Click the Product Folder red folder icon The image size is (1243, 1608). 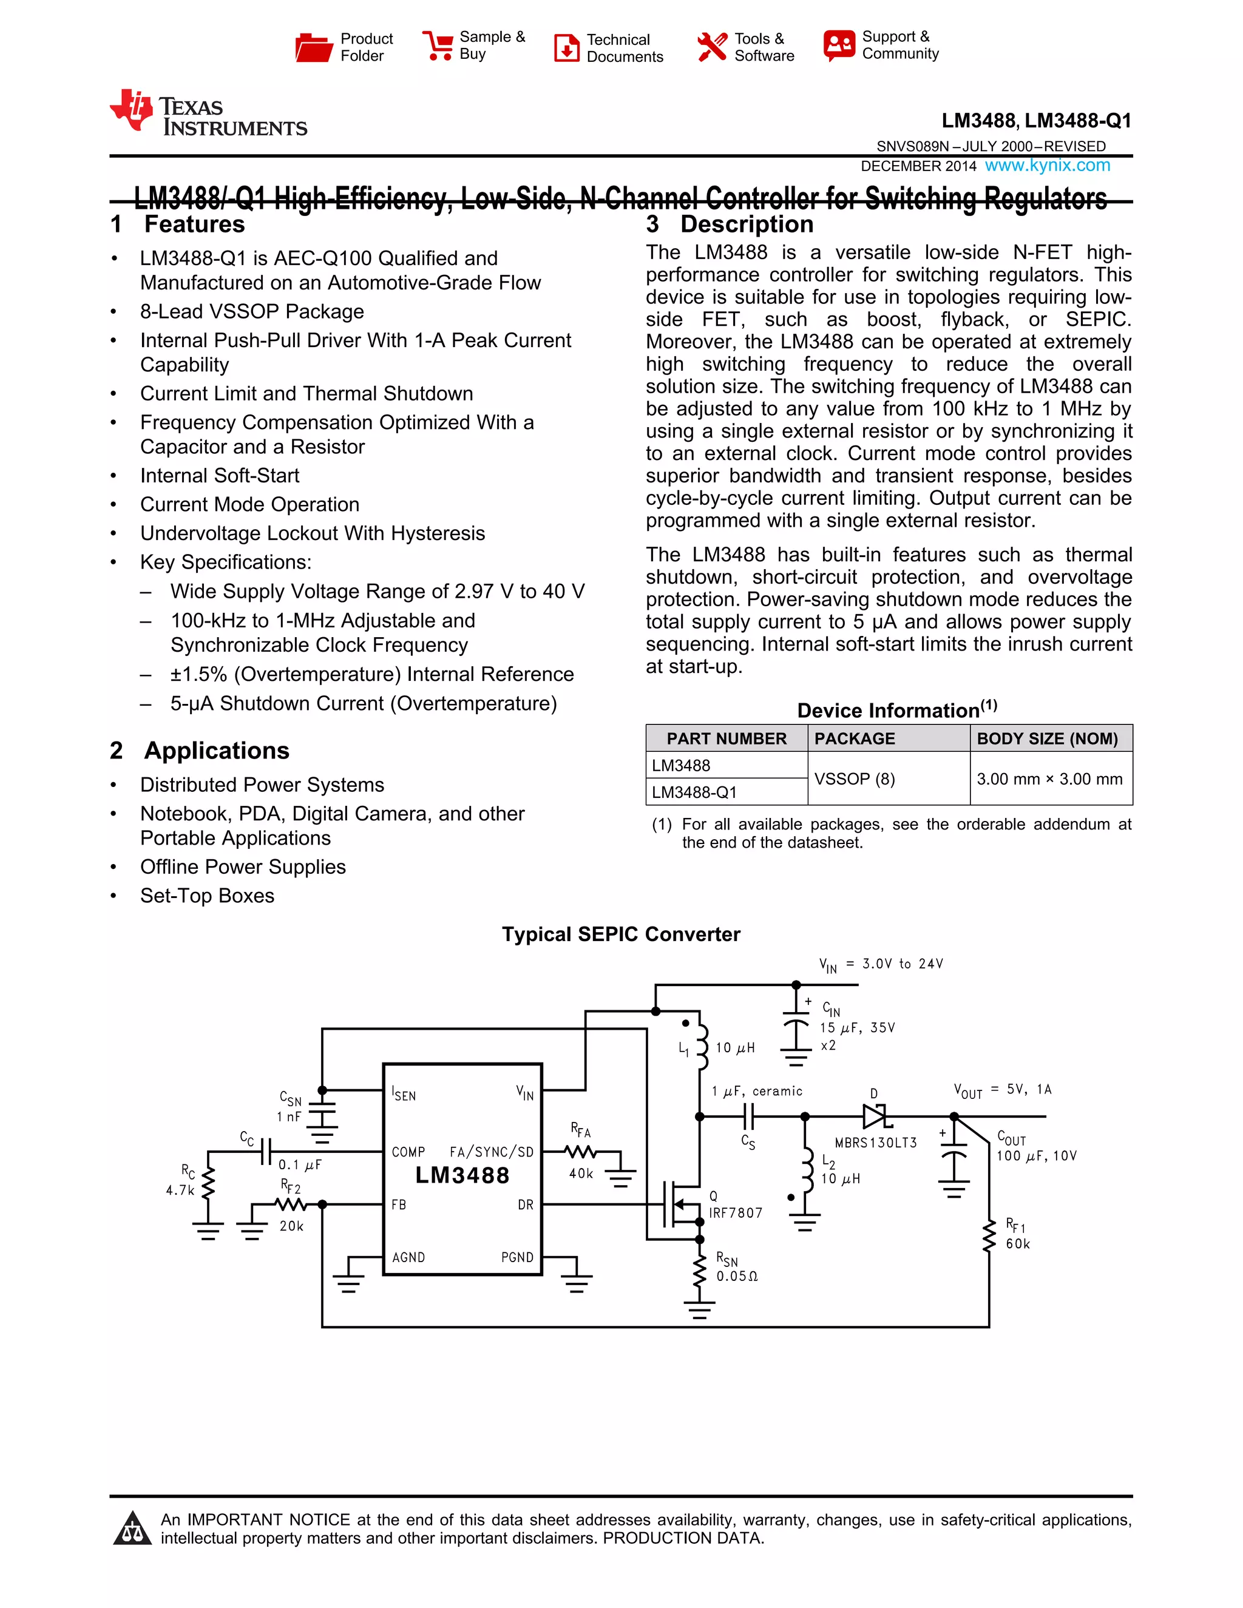pyautogui.click(x=313, y=47)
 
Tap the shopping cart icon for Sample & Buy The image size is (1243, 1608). pyautogui.click(x=438, y=46)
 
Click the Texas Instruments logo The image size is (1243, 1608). pyautogui.click(x=208, y=113)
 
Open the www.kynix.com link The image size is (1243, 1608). pyautogui.click(x=1047, y=165)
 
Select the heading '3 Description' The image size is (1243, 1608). pyautogui.click(x=730, y=224)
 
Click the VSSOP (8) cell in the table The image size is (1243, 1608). pyautogui.click(x=854, y=779)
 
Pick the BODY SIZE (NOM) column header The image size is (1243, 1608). pyautogui.click(x=1047, y=738)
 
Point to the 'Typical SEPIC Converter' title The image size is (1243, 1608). pyautogui.click(x=621, y=934)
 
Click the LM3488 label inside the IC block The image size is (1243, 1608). pyautogui.click(x=462, y=1175)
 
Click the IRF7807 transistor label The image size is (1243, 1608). pyautogui.click(x=736, y=1212)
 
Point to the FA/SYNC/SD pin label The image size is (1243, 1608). pyautogui.click(x=491, y=1152)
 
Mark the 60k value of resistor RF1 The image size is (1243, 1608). pyautogui.click(x=1018, y=1243)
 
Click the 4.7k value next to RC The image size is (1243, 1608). pyautogui.click(x=180, y=1190)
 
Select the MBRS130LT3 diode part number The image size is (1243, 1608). pyautogui.click(x=876, y=1143)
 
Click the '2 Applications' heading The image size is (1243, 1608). pyautogui.click(x=200, y=750)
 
